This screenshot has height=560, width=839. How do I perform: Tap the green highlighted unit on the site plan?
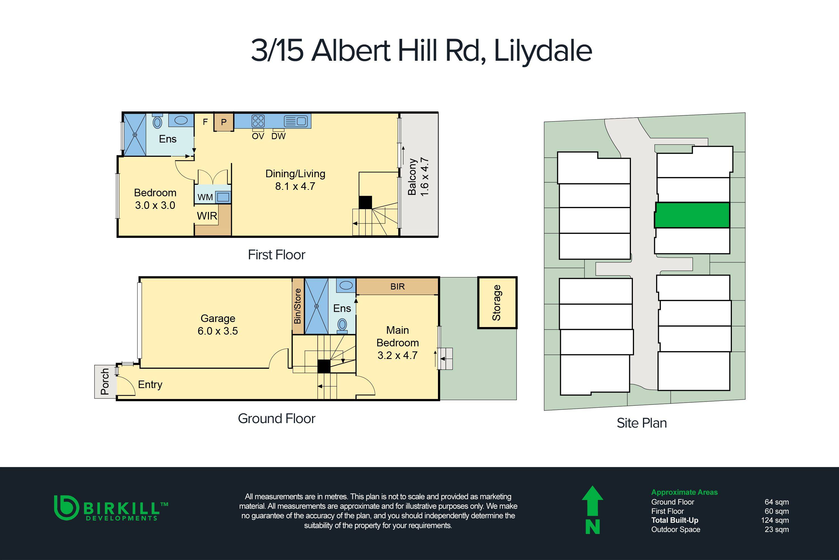pyautogui.click(x=692, y=215)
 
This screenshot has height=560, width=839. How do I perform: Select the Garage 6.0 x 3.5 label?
pyautogui.click(x=218, y=325)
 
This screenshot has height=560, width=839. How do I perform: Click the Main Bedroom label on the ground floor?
pyautogui.click(x=397, y=342)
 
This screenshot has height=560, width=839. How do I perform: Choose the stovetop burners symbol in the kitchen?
pyautogui.click(x=258, y=121)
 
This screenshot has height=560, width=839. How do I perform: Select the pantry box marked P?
pyautogui.click(x=224, y=122)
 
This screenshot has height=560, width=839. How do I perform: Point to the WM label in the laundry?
pyautogui.click(x=205, y=197)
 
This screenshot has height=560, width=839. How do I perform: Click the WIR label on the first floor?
pyautogui.click(x=207, y=216)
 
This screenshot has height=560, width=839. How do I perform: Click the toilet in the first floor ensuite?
pyautogui.click(x=157, y=122)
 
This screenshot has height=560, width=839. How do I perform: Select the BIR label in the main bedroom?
pyautogui.click(x=397, y=286)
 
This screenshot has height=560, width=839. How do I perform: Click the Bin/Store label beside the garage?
pyautogui.click(x=298, y=306)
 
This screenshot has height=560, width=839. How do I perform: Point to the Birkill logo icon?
pyautogui.click(x=66, y=507)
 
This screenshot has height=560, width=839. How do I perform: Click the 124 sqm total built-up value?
pyautogui.click(x=775, y=520)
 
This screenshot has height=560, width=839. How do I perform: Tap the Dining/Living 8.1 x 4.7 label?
pyautogui.click(x=295, y=180)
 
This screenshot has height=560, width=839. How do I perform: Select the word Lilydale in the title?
pyautogui.click(x=543, y=51)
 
